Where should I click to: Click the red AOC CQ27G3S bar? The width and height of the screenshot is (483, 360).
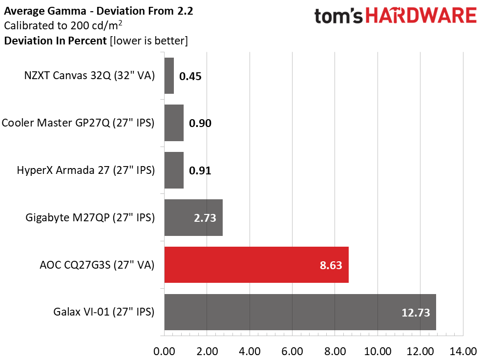pos(256,265)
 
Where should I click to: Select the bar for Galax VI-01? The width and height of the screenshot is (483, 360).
pos(300,312)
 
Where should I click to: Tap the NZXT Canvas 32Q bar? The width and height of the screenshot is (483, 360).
pos(169,76)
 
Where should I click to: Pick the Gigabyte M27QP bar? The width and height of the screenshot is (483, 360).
pos(193,217)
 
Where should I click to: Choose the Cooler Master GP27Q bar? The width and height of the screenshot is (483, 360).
pos(174,123)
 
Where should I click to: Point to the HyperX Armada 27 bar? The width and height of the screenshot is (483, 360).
pos(174,170)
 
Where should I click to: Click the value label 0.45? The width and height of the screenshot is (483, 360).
pos(190,76)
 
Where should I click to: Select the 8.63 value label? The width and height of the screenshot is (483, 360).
pos(331,265)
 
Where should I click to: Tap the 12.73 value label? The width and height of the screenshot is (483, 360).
pos(416,313)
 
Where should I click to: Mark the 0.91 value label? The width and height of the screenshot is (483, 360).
pos(200,171)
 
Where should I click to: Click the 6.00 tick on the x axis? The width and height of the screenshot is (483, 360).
pos(292,351)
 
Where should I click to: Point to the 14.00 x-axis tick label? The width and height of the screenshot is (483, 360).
pos(463,351)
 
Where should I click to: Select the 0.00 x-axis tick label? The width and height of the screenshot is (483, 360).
pos(164,351)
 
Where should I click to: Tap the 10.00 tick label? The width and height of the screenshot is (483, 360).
pos(378,351)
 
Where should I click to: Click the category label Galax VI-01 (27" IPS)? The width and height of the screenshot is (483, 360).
pos(104,312)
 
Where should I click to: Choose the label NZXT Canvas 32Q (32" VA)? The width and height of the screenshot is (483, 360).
pos(89,76)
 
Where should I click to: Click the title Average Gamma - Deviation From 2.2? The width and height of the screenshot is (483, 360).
pos(99,11)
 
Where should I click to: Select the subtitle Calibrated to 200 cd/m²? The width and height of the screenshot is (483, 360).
pos(63,25)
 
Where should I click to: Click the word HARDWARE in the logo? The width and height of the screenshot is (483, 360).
pos(421,16)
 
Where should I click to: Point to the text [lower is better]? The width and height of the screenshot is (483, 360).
pos(149,41)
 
